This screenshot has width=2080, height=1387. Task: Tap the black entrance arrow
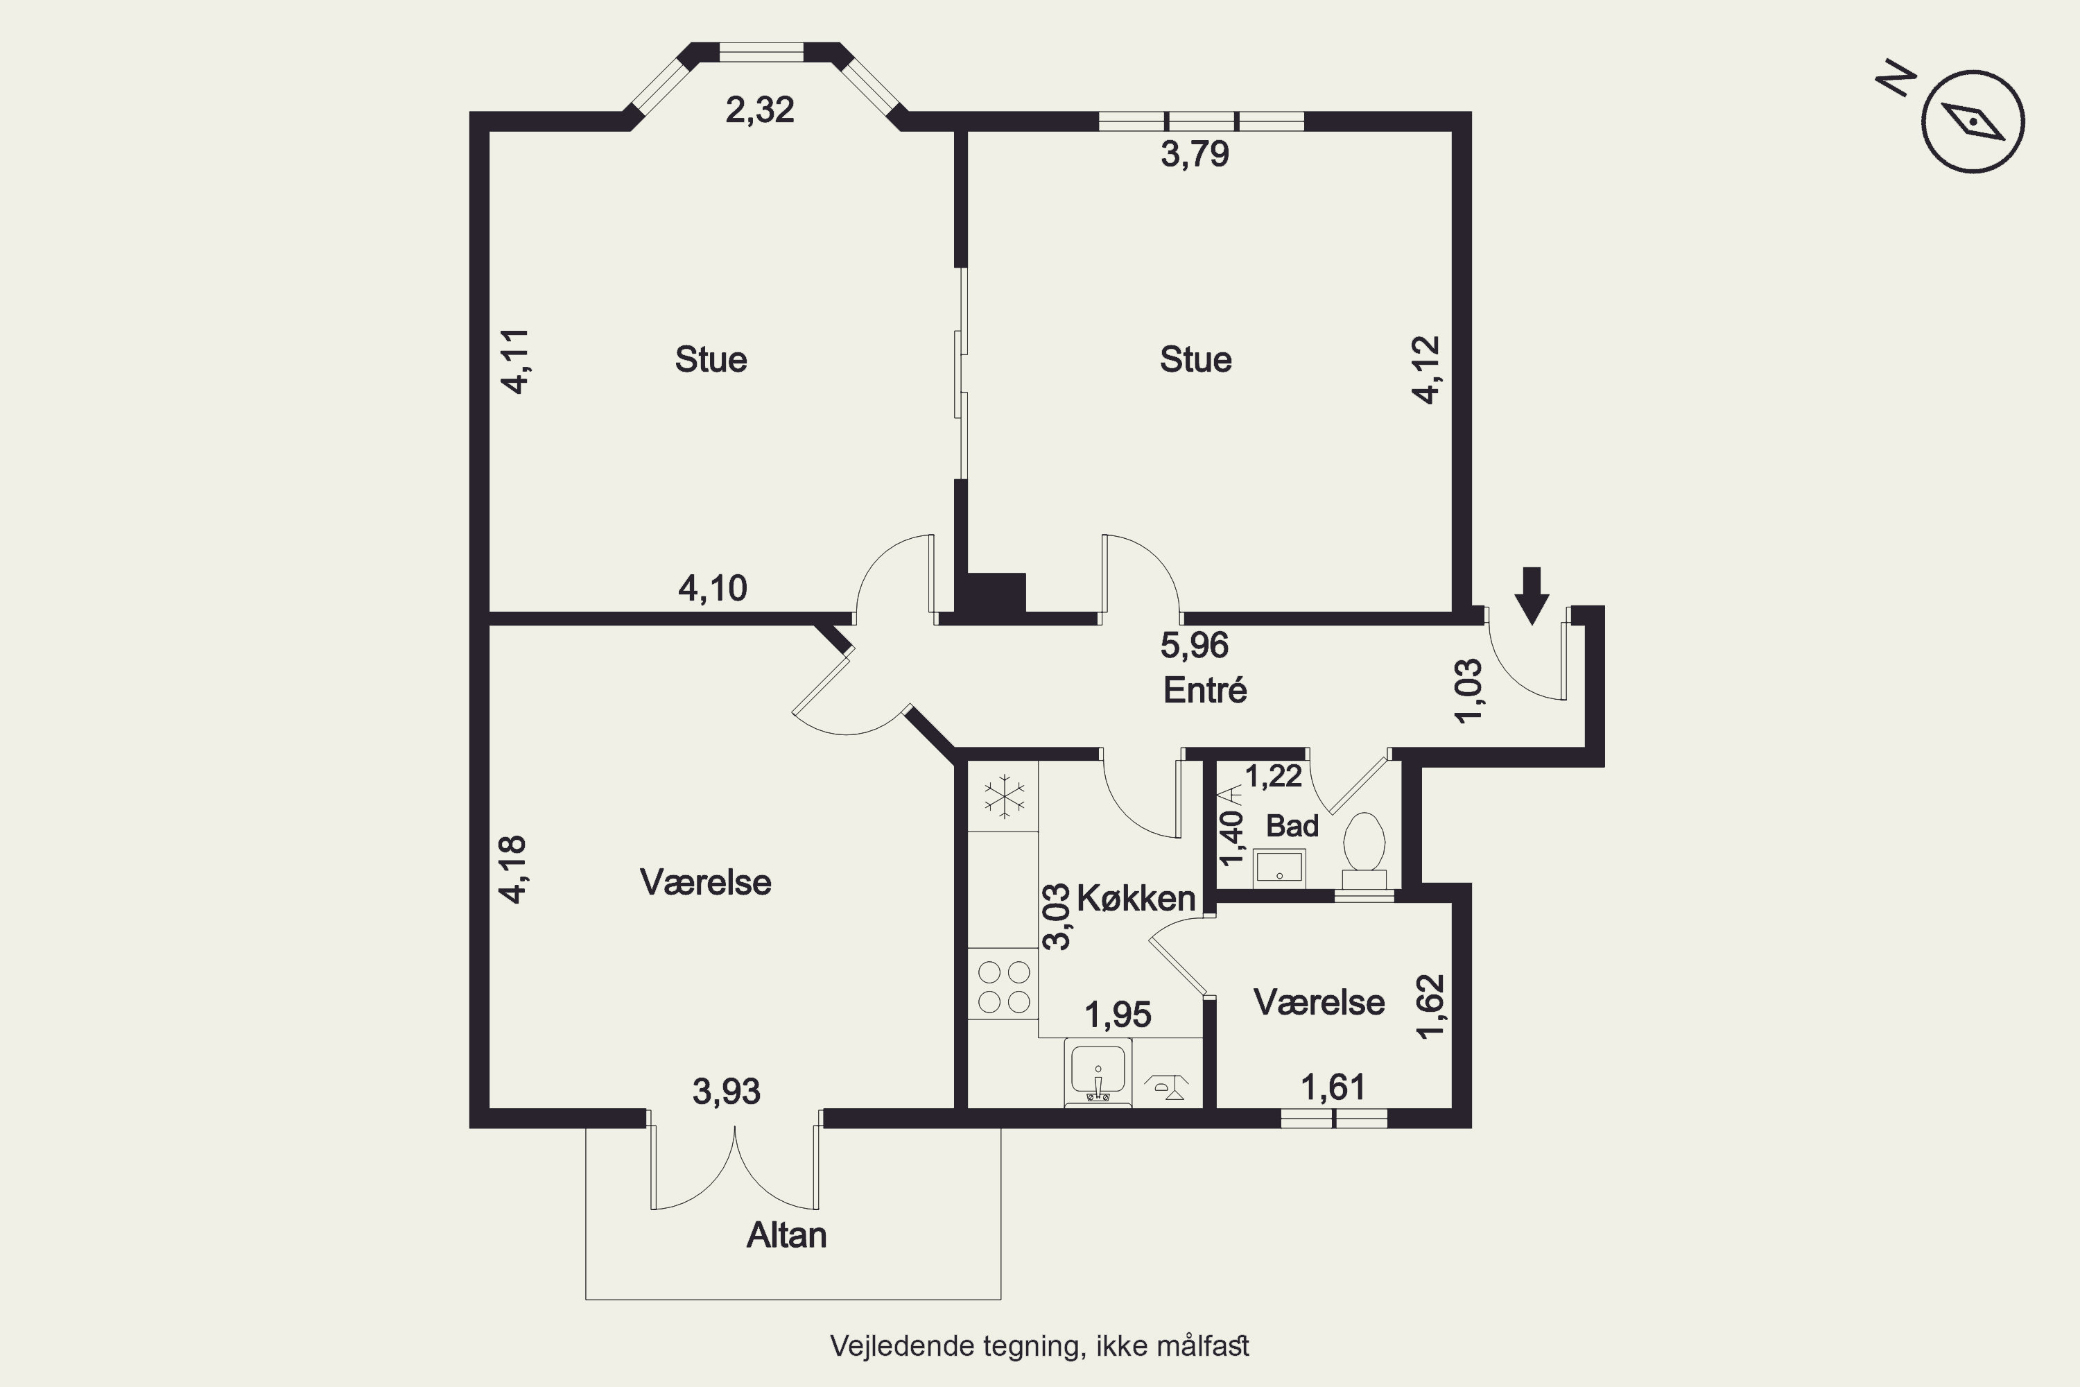(x=1532, y=595)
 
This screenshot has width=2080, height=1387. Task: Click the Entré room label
(x=1204, y=690)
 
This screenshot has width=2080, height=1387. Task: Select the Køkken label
(x=1136, y=899)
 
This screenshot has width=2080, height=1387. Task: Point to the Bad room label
(x=1292, y=826)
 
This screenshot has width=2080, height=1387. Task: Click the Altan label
(x=786, y=1235)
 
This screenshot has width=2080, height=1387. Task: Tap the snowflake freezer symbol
(x=1005, y=796)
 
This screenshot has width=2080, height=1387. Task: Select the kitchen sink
(x=1098, y=1072)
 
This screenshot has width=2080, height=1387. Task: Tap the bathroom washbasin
(x=1279, y=869)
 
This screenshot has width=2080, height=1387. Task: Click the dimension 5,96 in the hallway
(x=1194, y=645)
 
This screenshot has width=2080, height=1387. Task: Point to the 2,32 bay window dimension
(x=760, y=110)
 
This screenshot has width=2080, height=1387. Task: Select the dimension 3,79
(x=1195, y=154)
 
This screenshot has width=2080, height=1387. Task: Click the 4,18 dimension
(x=514, y=870)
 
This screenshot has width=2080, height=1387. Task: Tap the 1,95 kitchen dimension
(x=1118, y=1015)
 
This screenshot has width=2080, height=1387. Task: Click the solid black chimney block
(x=996, y=593)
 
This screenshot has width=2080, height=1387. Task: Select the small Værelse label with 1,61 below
(x=1319, y=1002)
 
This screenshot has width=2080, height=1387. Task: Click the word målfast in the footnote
(x=1203, y=1345)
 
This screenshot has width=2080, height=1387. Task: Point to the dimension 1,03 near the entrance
(x=1469, y=691)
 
